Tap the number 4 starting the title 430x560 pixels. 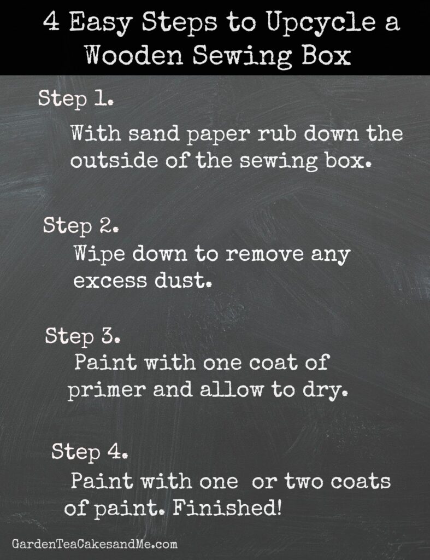point(51,22)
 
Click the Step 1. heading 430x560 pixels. point(75,99)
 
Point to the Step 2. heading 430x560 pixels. point(81,226)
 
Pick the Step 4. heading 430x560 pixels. point(90,452)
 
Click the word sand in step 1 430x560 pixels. point(154,133)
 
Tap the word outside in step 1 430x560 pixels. point(114,161)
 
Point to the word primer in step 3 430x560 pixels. point(107,390)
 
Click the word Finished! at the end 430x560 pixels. point(227,508)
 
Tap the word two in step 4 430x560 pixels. point(304,481)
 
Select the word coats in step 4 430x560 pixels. point(361,481)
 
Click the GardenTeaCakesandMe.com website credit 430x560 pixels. point(95,544)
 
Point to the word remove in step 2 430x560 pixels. point(264,254)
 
